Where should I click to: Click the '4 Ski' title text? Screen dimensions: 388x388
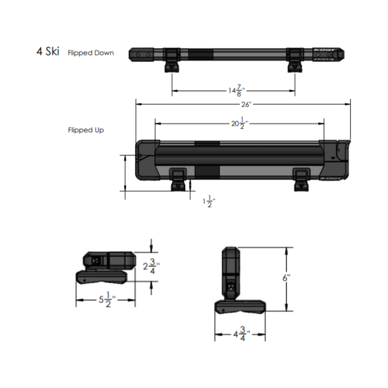47,53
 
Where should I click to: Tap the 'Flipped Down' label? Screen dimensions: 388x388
91,53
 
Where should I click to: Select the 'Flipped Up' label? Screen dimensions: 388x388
86,130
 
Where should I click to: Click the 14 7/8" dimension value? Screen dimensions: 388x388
234,90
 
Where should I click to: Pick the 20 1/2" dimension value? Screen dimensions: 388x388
238,124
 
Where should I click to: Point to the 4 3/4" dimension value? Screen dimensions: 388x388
241,334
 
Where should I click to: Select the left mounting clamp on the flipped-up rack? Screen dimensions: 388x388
178,178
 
